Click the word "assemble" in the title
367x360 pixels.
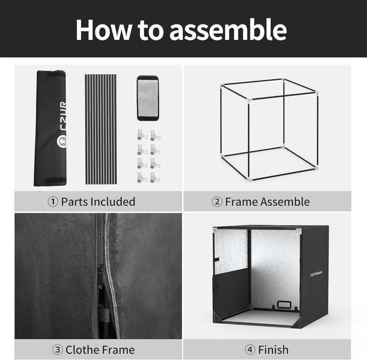pos(228,30)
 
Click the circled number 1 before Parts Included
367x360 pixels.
pos(53,202)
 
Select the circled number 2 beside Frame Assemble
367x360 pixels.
pos(217,202)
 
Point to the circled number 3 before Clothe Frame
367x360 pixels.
pos(58,350)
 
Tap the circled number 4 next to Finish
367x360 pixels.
pos(250,350)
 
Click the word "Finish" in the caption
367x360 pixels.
pos(273,350)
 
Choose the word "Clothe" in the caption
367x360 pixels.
pos(82,350)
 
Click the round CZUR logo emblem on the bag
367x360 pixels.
pos(62,141)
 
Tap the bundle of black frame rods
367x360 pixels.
pos(101,129)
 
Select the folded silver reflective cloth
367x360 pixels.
pos(148,98)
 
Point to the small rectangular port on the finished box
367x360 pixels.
pos(284,304)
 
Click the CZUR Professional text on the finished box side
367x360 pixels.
pos(316,273)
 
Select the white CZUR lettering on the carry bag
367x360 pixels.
pos(63,116)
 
